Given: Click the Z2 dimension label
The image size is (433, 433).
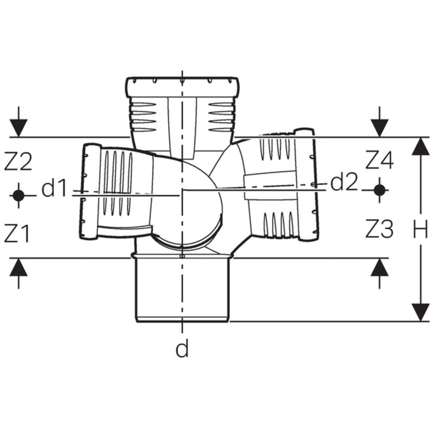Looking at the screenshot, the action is pos(18,162).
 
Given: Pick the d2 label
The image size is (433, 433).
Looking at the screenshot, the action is pos(344,183).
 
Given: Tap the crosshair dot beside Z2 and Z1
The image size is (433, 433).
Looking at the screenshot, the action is pos(18,195).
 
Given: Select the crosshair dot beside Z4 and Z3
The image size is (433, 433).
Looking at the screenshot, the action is pos(380,189).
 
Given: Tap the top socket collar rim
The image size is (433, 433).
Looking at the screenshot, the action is pos(183,86).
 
